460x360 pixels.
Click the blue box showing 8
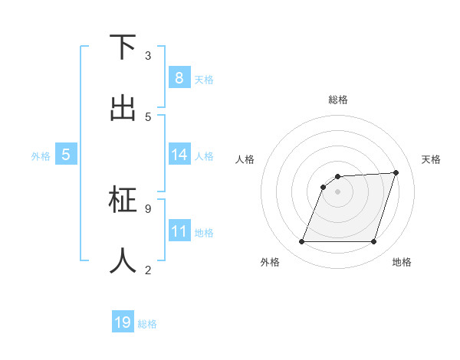click(x=179, y=77)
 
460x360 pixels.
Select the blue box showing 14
click(x=179, y=155)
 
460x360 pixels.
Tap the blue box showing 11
click(x=179, y=231)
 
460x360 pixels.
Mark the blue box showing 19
click(x=123, y=322)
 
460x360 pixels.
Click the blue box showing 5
click(x=66, y=155)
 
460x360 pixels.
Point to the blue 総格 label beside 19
click(x=147, y=324)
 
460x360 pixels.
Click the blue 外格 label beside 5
click(x=41, y=156)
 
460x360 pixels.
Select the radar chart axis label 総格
click(x=338, y=100)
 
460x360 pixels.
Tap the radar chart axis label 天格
click(x=431, y=159)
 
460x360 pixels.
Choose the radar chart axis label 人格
click(x=245, y=159)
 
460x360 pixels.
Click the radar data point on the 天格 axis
click(x=396, y=172)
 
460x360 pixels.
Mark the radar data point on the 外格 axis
click(x=302, y=242)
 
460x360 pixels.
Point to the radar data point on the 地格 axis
click(x=373, y=242)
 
